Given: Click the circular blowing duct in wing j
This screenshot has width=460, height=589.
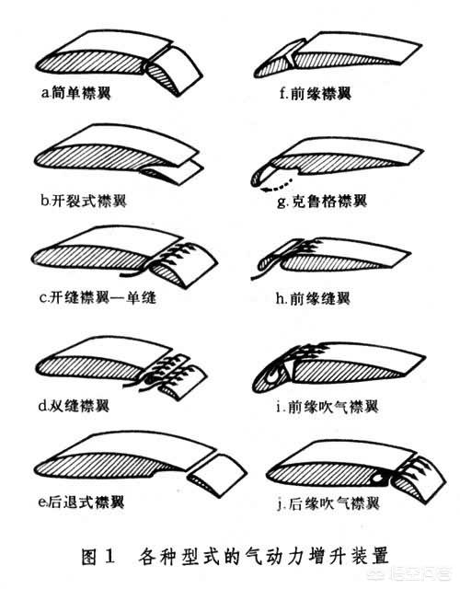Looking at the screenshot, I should pyautogui.click(x=379, y=478).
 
